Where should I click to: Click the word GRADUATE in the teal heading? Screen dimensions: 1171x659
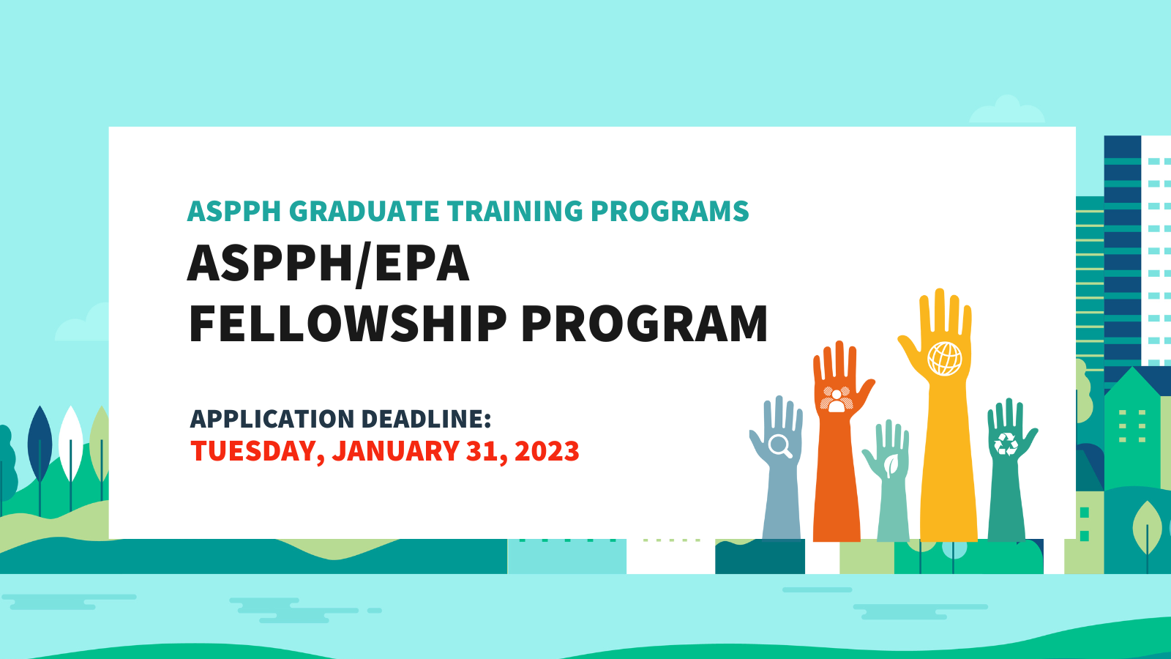(x=364, y=212)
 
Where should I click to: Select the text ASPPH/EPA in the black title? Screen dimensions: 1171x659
(x=329, y=264)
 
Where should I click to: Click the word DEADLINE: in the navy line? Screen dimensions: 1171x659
(x=426, y=418)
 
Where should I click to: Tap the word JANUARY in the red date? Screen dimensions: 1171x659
(x=396, y=451)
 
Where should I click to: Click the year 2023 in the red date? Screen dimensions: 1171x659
(x=547, y=451)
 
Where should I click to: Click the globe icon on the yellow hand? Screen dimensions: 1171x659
(x=944, y=359)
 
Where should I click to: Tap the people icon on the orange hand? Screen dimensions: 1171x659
(x=837, y=399)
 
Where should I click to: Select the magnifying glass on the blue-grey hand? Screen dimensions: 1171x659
(x=780, y=447)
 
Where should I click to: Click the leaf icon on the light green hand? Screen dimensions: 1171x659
(x=891, y=466)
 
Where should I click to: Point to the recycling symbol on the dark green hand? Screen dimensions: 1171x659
(x=1006, y=444)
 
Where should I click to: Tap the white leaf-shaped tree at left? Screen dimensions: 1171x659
(x=70, y=444)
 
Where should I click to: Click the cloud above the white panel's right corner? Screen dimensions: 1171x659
(x=1007, y=111)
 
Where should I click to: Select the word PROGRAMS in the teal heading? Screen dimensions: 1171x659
(x=670, y=212)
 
